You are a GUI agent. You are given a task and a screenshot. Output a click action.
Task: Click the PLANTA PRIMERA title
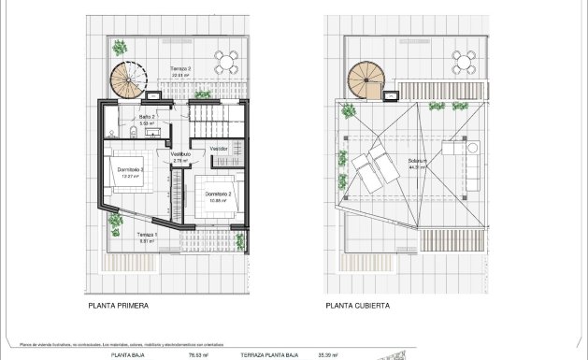tap(118, 305)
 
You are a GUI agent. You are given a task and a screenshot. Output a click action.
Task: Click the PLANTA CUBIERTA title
tap(358, 305)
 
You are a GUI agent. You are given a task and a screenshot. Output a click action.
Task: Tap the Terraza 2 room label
tap(180, 70)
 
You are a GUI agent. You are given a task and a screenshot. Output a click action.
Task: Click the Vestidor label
tap(220, 149)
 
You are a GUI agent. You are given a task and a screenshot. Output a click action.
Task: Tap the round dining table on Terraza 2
tap(225, 63)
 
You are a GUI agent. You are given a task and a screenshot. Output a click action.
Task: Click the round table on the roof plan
tap(462, 63)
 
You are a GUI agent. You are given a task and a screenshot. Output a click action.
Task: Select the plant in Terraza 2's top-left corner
tap(120, 48)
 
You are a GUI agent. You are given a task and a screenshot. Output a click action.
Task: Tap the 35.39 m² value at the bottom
tap(331, 355)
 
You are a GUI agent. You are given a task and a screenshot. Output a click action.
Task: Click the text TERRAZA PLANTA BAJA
tap(268, 355)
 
